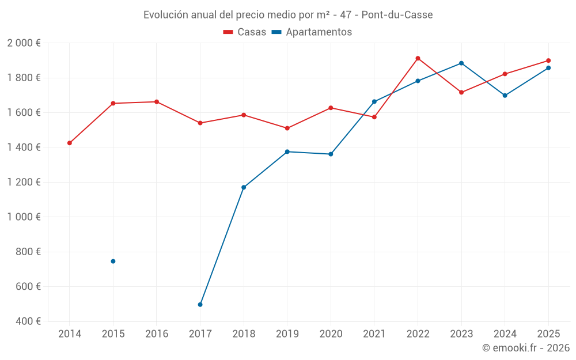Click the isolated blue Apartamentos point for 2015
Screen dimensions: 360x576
click(113, 262)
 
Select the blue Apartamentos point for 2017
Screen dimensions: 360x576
click(200, 305)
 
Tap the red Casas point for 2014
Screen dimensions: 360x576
click(70, 143)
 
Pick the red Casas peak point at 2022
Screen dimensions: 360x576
click(418, 58)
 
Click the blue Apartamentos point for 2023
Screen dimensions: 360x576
click(461, 63)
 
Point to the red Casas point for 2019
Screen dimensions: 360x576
click(287, 128)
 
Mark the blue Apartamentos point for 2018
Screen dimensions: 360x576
click(244, 187)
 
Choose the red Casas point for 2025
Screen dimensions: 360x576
click(548, 60)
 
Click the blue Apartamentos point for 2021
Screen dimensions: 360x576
click(374, 102)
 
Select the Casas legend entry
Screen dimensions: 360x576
click(245, 32)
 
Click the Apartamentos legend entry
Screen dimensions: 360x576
click(312, 32)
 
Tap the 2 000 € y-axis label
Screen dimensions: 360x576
click(24, 43)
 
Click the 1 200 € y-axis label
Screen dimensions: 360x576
click(24, 182)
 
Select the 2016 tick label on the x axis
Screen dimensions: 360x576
click(157, 334)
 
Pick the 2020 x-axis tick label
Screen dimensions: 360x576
click(331, 334)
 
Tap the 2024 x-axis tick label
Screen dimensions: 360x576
click(505, 334)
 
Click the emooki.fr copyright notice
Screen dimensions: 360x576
click(525, 348)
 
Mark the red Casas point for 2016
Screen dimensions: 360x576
click(157, 102)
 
